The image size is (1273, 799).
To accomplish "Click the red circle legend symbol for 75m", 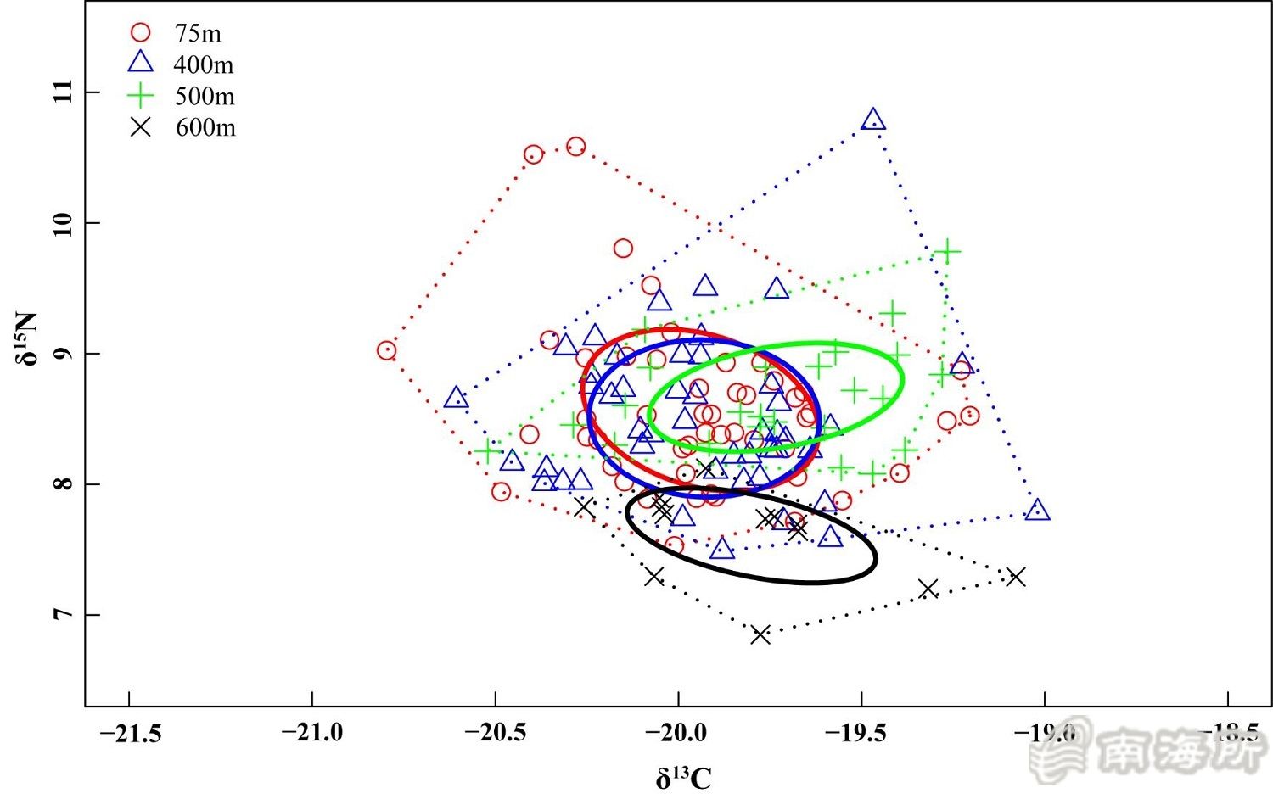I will (140, 32).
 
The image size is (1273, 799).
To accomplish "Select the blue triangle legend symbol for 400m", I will (140, 63).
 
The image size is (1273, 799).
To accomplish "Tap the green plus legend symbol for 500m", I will (140, 95).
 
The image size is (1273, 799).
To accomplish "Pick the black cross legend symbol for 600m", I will (140, 127).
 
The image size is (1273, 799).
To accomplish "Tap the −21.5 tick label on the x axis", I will (130, 732).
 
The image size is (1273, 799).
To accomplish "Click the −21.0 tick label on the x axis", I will (312, 732).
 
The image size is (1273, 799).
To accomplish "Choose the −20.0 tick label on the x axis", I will (678, 732).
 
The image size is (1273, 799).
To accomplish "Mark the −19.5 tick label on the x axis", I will (861, 732).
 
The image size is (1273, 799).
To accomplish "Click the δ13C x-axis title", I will (683, 777).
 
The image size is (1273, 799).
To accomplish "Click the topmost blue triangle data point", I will (872, 120).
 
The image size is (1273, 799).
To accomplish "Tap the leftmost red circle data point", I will (387, 350).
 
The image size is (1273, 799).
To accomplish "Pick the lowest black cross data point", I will (760, 634).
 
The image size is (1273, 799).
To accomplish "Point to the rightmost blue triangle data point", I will (1037, 511).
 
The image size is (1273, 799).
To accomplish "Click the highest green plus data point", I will (947, 252).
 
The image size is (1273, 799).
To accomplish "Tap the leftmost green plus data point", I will (487, 451).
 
